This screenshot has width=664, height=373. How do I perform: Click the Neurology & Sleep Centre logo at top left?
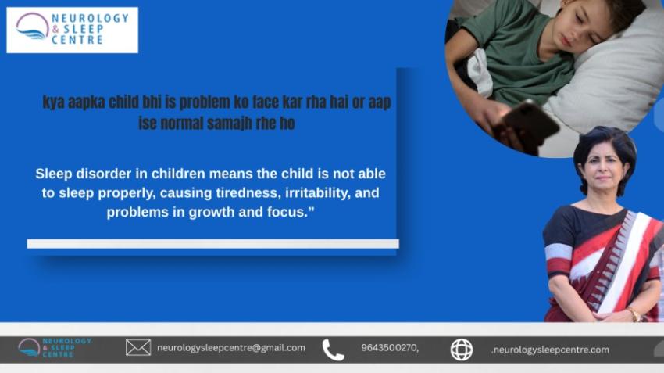pyautogui.click(x=72, y=30)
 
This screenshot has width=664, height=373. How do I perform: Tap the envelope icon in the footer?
pyautogui.click(x=138, y=348)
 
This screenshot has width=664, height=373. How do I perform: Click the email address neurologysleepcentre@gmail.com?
pyautogui.click(x=230, y=348)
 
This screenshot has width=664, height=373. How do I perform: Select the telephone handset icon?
pyautogui.click(x=333, y=350)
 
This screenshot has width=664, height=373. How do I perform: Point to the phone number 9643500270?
pyautogui.click(x=389, y=348)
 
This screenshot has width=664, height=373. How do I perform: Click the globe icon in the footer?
pyautogui.click(x=462, y=350)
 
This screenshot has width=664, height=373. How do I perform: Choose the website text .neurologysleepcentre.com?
pyautogui.click(x=550, y=350)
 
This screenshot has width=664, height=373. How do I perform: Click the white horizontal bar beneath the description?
pyautogui.click(x=212, y=244)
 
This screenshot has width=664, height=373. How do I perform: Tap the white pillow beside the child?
pyautogui.click(x=617, y=86)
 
